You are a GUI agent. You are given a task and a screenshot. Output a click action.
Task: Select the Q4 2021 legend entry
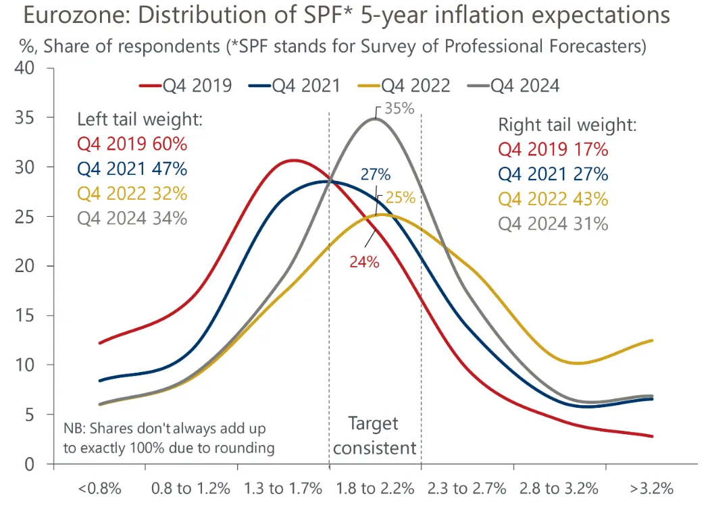point(294,86)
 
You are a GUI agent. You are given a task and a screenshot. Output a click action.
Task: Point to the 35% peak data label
point(399,108)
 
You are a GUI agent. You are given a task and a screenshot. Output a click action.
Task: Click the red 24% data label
point(364,263)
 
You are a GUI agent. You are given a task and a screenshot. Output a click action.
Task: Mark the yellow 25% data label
point(400,198)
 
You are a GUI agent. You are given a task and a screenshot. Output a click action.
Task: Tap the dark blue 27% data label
point(376,174)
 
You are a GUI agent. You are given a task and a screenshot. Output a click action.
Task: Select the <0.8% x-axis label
point(99,487)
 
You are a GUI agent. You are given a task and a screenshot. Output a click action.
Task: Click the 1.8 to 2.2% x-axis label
point(375,487)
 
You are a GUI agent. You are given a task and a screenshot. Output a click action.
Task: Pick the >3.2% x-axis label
point(652,487)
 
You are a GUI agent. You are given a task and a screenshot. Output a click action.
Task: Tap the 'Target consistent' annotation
point(374,435)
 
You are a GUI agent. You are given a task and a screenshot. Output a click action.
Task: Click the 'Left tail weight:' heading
point(140,119)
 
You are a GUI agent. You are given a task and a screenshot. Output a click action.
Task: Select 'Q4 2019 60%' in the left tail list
point(132,144)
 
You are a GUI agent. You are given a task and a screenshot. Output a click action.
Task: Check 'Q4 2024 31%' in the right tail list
point(553,223)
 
